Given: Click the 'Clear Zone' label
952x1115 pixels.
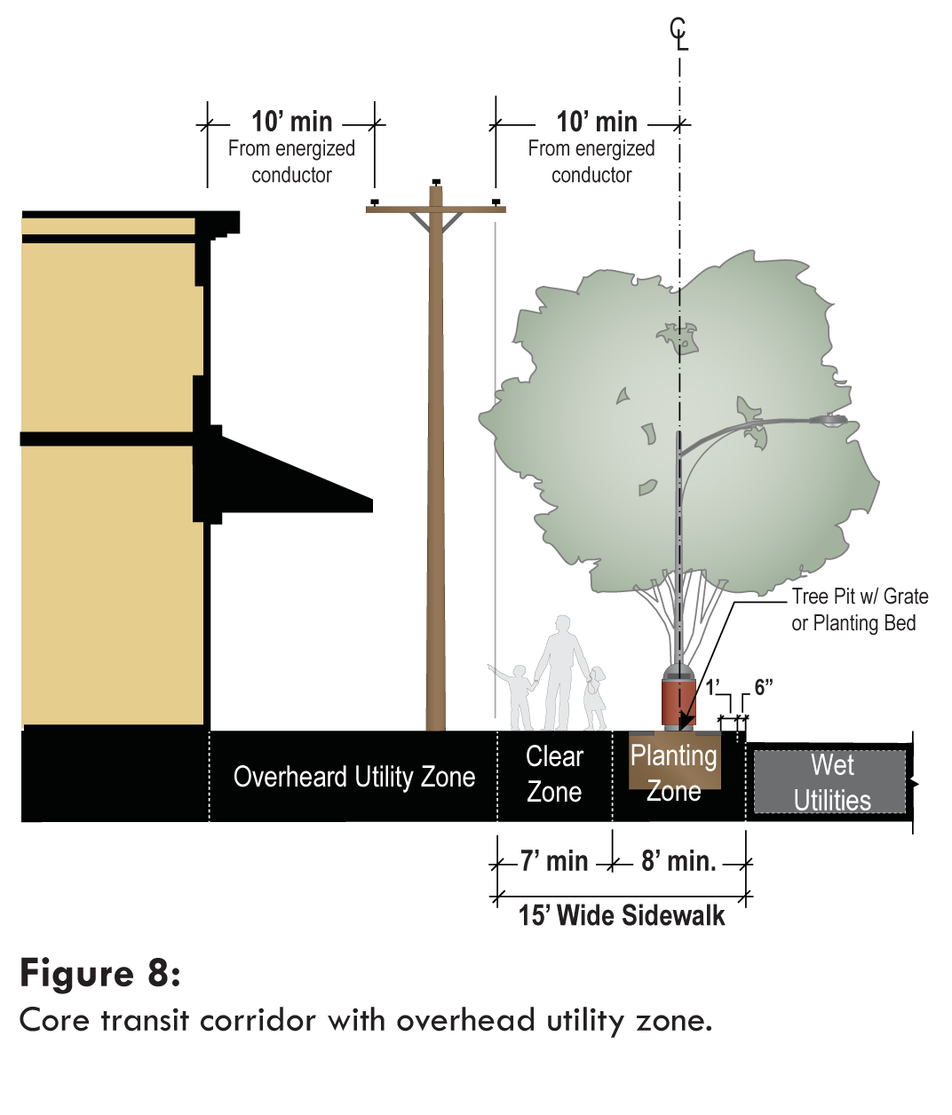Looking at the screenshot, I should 554,774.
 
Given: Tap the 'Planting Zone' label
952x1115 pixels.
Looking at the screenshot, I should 674,772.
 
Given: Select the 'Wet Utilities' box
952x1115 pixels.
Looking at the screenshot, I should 830,782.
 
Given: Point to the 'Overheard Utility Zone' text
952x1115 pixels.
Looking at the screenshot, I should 353,777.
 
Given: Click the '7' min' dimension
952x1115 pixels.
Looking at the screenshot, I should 554,861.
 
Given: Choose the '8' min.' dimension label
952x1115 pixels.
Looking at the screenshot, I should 678,861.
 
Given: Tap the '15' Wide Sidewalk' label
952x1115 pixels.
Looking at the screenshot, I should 622,915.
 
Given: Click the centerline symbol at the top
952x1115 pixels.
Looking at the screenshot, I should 679,34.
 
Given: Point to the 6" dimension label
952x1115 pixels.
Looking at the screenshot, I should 764,687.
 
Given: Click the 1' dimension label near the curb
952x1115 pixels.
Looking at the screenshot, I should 713,687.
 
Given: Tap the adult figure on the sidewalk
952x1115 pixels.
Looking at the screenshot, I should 560,670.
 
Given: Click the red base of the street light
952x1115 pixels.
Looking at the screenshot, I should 678,701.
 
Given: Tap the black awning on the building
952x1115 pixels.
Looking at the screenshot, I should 293,479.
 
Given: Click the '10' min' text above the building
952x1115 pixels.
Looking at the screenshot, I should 291,122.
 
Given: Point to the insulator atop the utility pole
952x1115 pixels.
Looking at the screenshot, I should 435,182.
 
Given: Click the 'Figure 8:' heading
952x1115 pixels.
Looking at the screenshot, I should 100,973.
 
